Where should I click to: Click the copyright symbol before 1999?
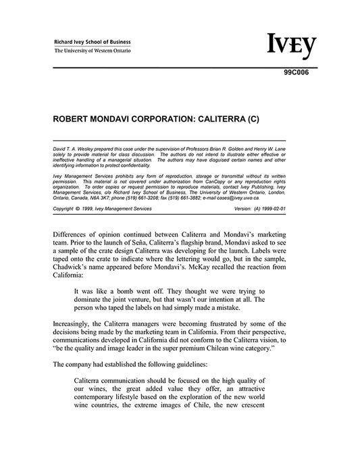tap(82, 209)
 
